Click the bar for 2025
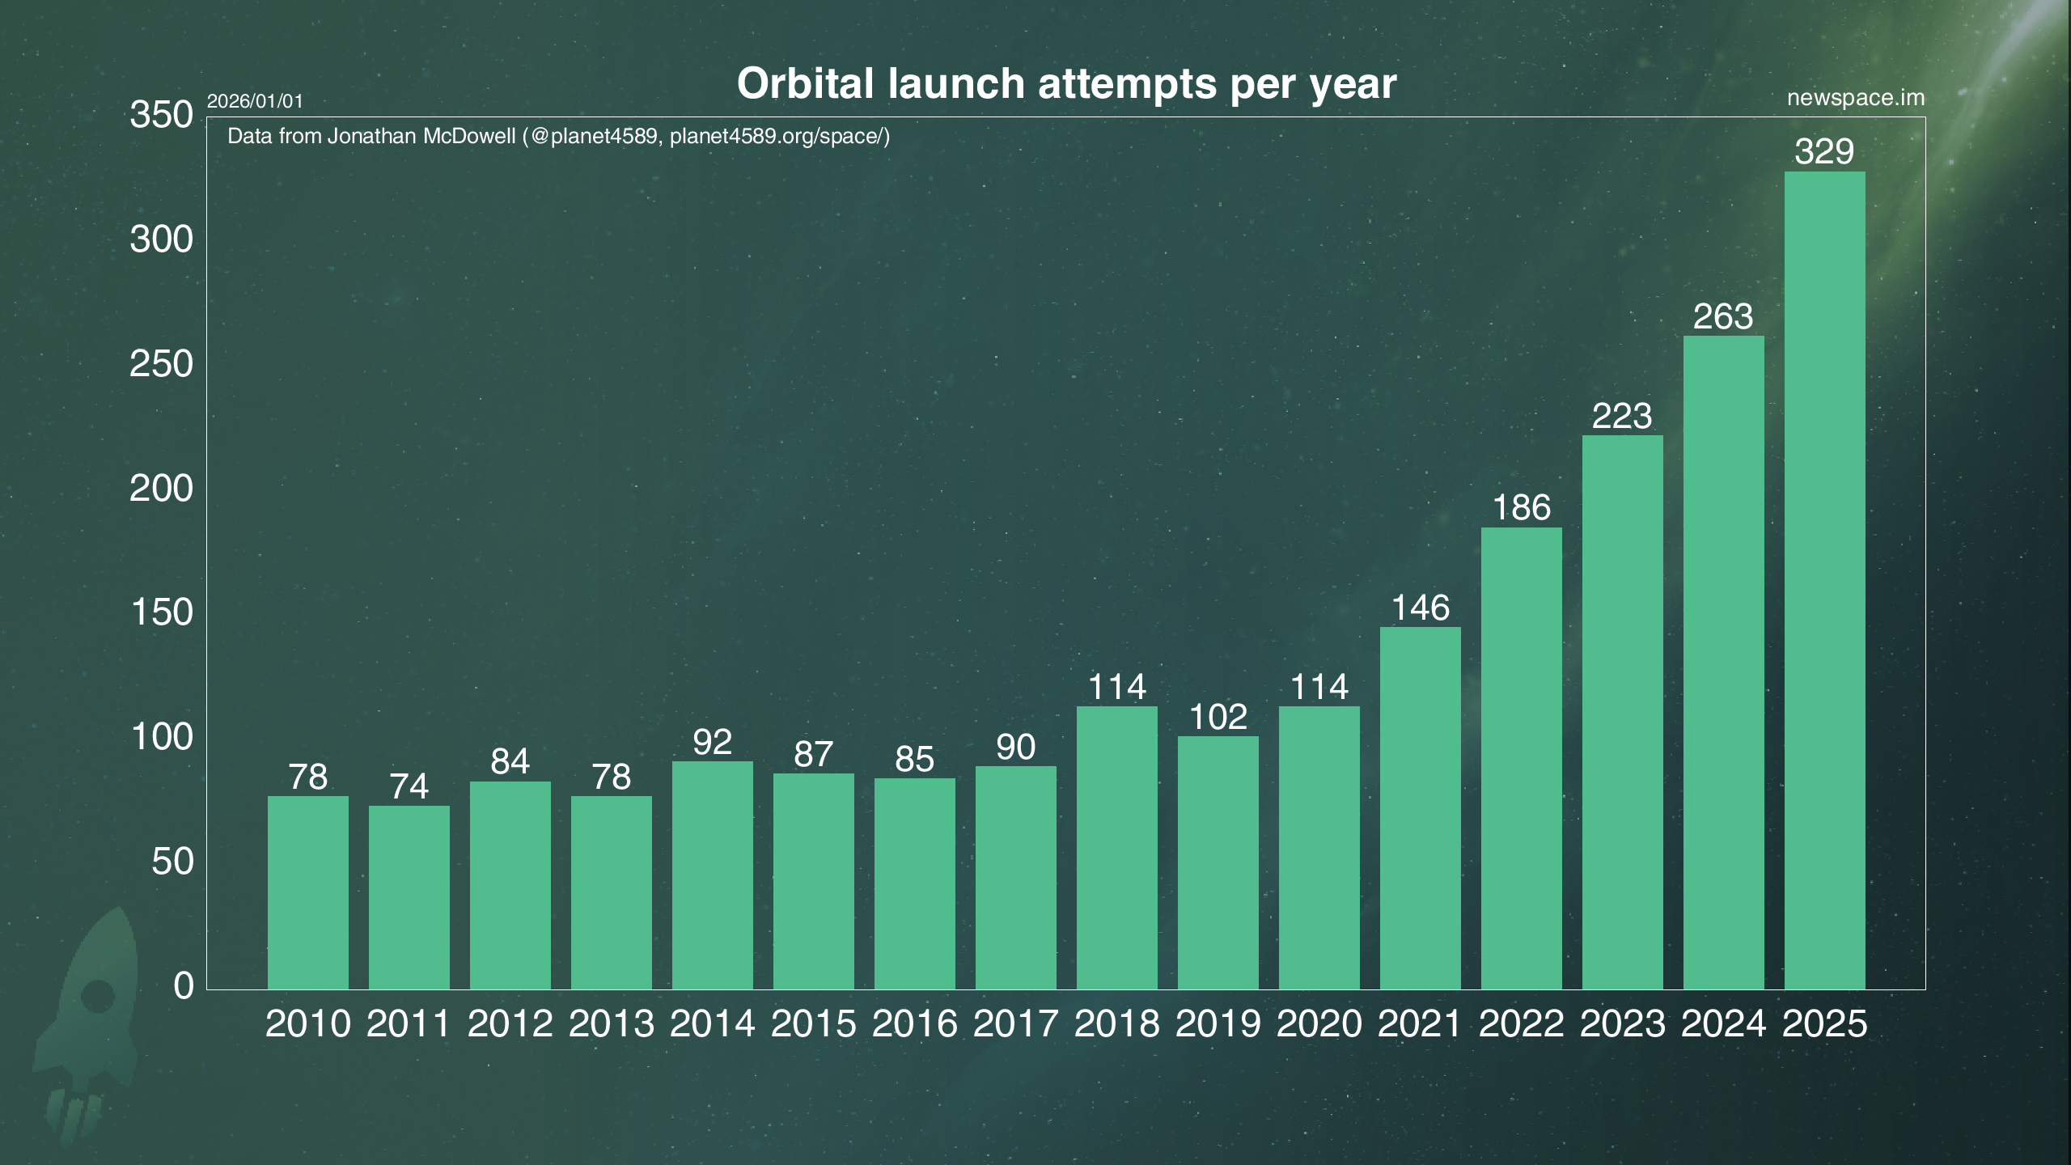(1824, 579)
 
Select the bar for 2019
(1218, 862)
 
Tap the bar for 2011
(409, 897)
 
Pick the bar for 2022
(1521, 758)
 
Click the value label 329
(1824, 151)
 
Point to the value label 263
(1723, 316)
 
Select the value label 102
(1218, 717)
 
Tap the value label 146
(1420, 608)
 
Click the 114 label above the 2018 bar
(1116, 687)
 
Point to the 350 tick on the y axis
(162, 115)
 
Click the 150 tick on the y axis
(162, 612)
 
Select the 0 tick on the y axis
(184, 986)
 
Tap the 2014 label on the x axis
(712, 1024)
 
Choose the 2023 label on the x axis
(1622, 1024)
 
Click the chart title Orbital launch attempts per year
(1066, 83)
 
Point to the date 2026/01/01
(255, 102)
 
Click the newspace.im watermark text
(1855, 98)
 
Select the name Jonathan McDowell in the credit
(421, 136)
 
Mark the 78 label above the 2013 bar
(611, 777)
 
